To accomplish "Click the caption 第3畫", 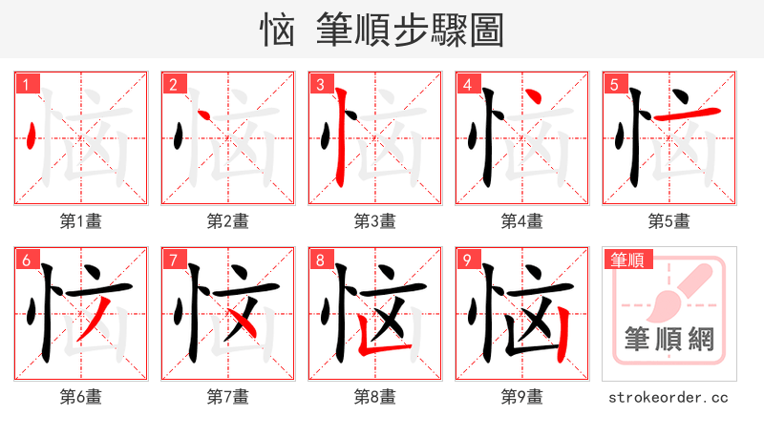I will (x=374, y=221).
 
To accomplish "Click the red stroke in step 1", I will (x=32, y=136).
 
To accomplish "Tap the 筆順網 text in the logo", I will (x=668, y=339).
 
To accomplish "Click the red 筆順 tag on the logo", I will (x=629, y=260).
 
